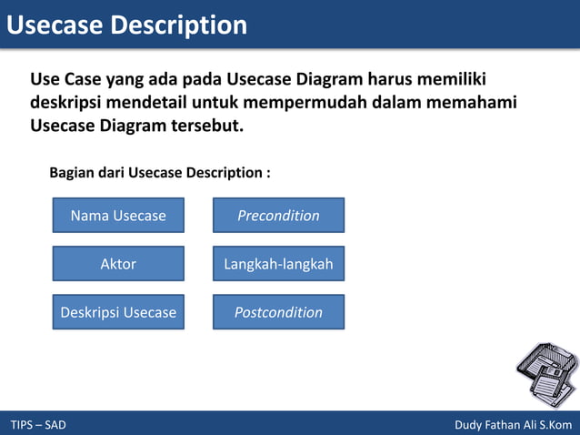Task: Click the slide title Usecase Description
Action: [126, 25]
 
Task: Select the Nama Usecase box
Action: [118, 216]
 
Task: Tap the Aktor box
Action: [118, 264]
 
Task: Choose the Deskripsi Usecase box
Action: [118, 312]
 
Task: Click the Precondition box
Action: [278, 216]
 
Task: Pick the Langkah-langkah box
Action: [278, 264]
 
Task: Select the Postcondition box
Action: [278, 312]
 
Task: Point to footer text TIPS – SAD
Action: [38, 425]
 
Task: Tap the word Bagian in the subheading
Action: [73, 172]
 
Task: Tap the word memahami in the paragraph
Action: [470, 102]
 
